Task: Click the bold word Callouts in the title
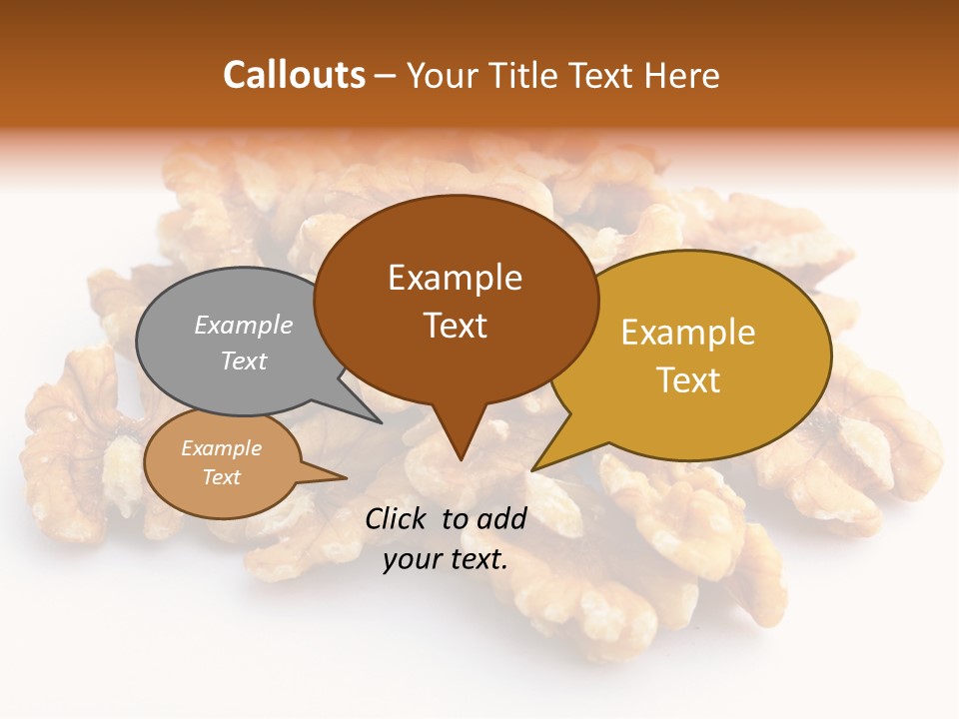[x=294, y=75]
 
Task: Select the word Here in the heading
[x=682, y=75]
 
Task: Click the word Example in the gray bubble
[x=243, y=325]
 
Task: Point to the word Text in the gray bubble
[x=243, y=360]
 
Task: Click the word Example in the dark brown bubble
[x=455, y=278]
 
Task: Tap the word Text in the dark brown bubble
[x=455, y=325]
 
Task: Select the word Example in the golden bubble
[x=687, y=333]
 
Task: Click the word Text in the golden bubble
[x=687, y=380]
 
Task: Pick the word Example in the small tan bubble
[x=221, y=448]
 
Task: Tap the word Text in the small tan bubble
[x=221, y=477]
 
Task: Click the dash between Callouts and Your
[x=386, y=75]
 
